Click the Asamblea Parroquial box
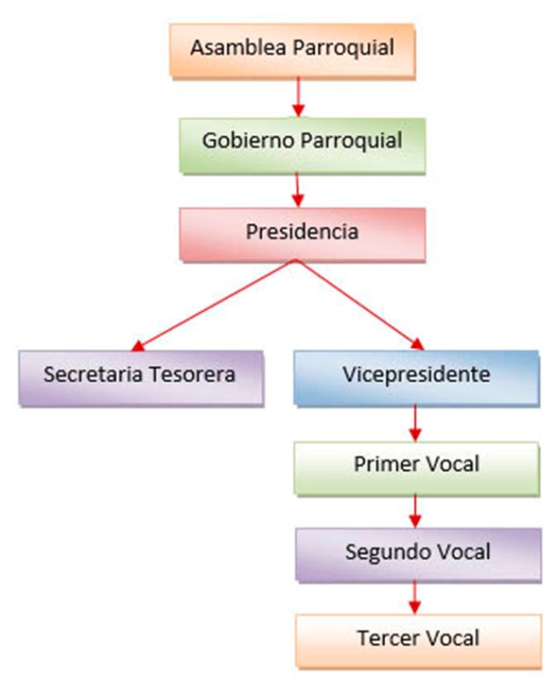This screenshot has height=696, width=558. tap(292, 51)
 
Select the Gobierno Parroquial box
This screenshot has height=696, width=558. tap(303, 145)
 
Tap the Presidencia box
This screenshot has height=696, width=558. tap(303, 235)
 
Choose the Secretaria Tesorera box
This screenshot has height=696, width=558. tap(141, 378)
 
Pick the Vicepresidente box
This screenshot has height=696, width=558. tap(416, 378)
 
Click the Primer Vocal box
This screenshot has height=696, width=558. tap(416, 468)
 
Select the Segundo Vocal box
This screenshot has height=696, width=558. tap(418, 554)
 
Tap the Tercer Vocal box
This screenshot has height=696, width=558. tap(418, 641)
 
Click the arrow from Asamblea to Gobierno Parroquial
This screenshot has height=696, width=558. tap(298, 97)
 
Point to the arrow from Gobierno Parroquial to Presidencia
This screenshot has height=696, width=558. tap(298, 189)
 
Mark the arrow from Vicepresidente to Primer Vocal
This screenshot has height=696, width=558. tap(415, 424)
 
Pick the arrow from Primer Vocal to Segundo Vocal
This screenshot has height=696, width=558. tap(415, 511)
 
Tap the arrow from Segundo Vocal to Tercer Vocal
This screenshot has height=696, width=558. tap(414, 598)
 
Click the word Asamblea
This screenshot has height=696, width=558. tap(238, 47)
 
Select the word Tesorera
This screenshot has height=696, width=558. tap(191, 374)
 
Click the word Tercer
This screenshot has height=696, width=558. tap(384, 638)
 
